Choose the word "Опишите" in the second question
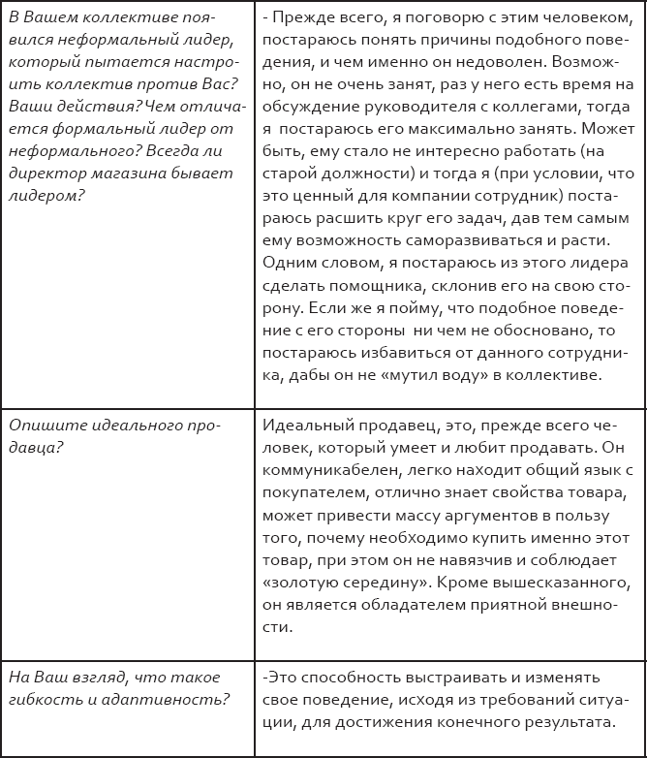coord(44,427)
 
